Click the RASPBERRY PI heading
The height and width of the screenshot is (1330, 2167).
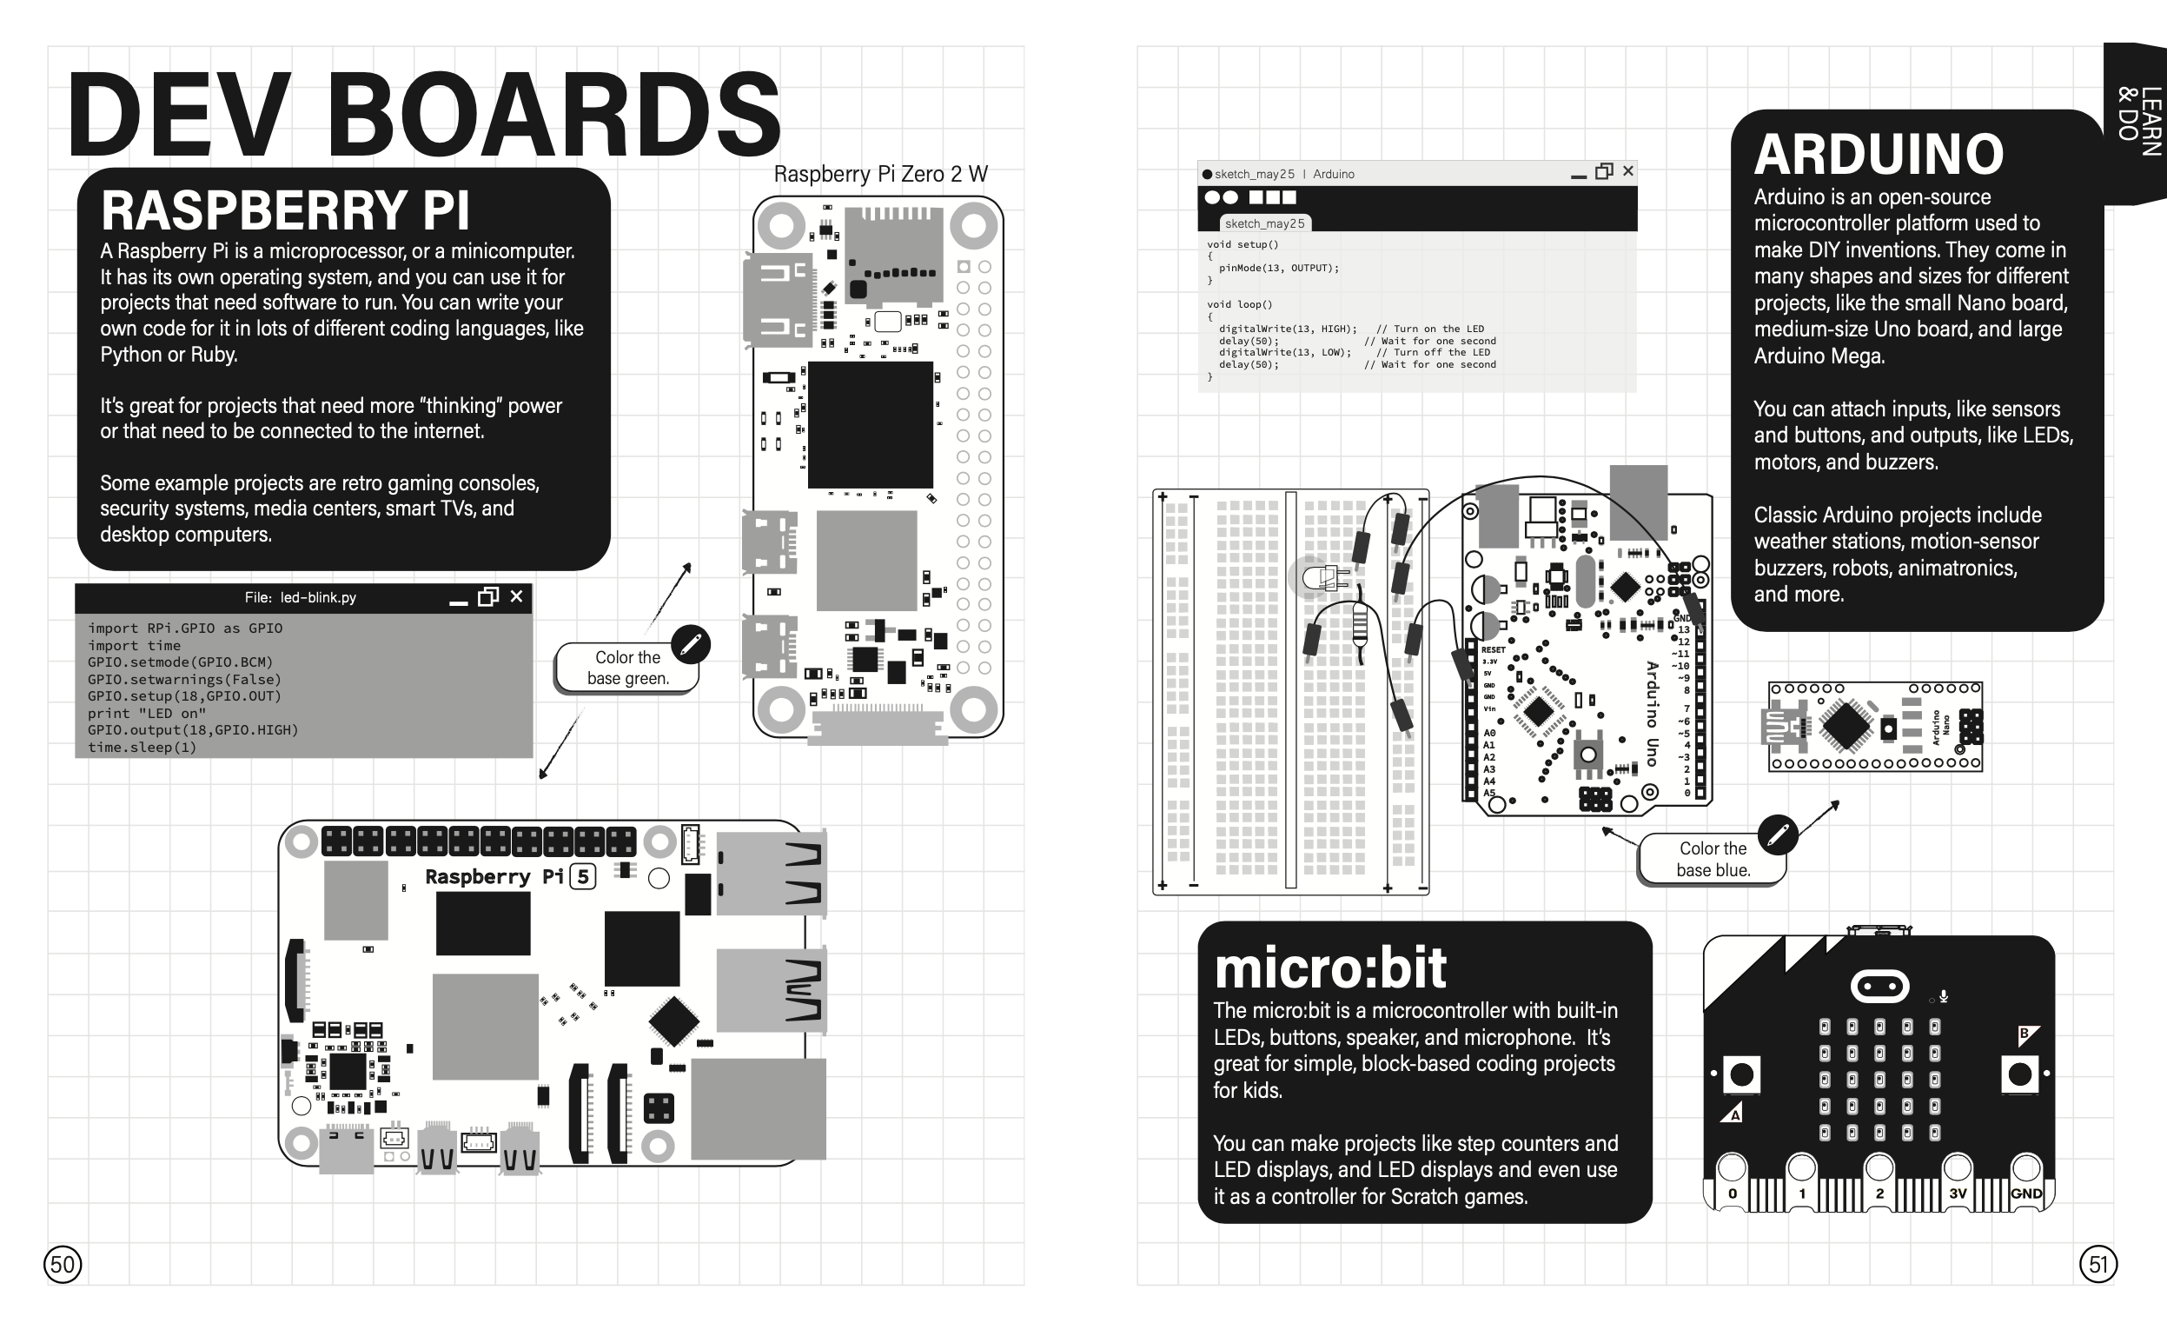pyautogui.click(x=285, y=211)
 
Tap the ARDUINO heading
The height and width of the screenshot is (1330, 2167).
pyautogui.click(x=1879, y=155)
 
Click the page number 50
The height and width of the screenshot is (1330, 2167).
pyautogui.click(x=63, y=1265)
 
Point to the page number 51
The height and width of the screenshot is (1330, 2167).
pyautogui.click(x=2098, y=1265)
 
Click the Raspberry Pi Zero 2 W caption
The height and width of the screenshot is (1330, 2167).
pyautogui.click(x=880, y=174)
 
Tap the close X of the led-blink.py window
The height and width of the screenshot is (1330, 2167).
pyautogui.click(x=516, y=596)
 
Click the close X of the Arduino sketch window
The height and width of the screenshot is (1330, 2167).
pyautogui.click(x=1628, y=170)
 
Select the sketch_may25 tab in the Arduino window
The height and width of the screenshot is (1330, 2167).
pyautogui.click(x=1265, y=223)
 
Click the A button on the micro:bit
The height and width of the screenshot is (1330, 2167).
pyautogui.click(x=1741, y=1074)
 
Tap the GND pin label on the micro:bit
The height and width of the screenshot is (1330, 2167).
pyautogui.click(x=2026, y=1194)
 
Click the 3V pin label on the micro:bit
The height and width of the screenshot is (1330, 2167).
pyautogui.click(x=1957, y=1194)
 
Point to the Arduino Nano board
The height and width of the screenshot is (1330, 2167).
pyautogui.click(x=1875, y=728)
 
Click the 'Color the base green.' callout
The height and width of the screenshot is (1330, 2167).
pyautogui.click(x=628, y=668)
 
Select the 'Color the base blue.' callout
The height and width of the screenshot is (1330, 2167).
pyautogui.click(x=1713, y=860)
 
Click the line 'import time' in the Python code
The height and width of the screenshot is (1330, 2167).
pyautogui.click(x=134, y=645)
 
